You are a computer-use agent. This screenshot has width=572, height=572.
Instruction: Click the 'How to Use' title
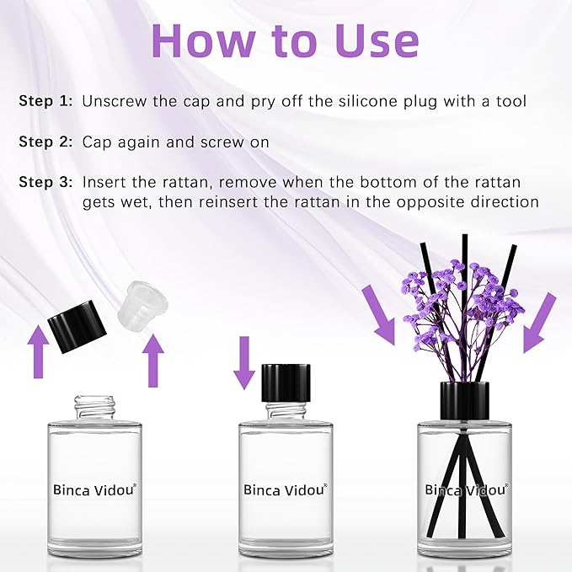click(x=286, y=40)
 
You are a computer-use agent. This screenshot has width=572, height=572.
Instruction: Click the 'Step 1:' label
click(x=45, y=102)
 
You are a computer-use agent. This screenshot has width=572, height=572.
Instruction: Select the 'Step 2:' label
click(x=45, y=142)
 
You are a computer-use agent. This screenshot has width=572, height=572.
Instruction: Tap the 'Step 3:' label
click(x=45, y=183)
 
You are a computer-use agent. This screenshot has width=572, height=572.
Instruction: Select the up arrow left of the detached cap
click(x=37, y=353)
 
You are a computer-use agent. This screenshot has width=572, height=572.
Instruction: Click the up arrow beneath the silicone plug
click(x=152, y=361)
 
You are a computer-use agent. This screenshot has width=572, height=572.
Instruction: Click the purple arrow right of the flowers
click(x=539, y=323)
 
